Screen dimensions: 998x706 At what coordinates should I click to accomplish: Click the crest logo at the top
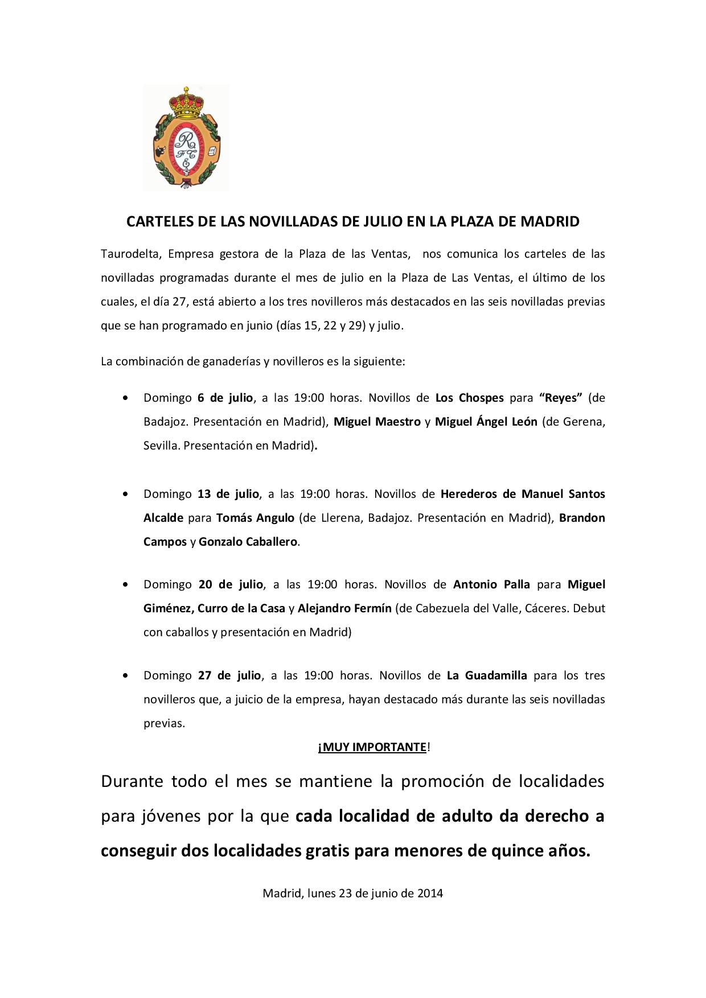click(186, 138)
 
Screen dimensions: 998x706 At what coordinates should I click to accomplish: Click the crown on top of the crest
click(186, 98)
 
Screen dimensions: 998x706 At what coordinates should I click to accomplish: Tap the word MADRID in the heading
click(550, 221)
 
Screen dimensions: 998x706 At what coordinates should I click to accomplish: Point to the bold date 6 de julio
click(225, 398)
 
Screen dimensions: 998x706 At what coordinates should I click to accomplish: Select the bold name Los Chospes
click(469, 398)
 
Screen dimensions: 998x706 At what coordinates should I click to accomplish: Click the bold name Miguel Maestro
click(377, 422)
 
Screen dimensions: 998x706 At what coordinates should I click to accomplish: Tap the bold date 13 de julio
click(228, 493)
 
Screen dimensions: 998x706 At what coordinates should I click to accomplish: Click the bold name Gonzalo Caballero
click(248, 542)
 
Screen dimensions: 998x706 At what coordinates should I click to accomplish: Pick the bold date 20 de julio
click(231, 584)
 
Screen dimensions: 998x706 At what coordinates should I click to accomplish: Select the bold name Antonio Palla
click(491, 584)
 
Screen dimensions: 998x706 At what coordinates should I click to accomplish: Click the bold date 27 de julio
click(229, 675)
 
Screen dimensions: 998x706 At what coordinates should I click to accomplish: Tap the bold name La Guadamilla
click(487, 675)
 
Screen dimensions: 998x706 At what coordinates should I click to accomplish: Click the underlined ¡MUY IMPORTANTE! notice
click(373, 747)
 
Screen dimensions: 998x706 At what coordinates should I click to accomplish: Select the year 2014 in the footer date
click(430, 893)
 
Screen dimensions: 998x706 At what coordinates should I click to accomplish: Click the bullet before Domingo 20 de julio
click(125, 585)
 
